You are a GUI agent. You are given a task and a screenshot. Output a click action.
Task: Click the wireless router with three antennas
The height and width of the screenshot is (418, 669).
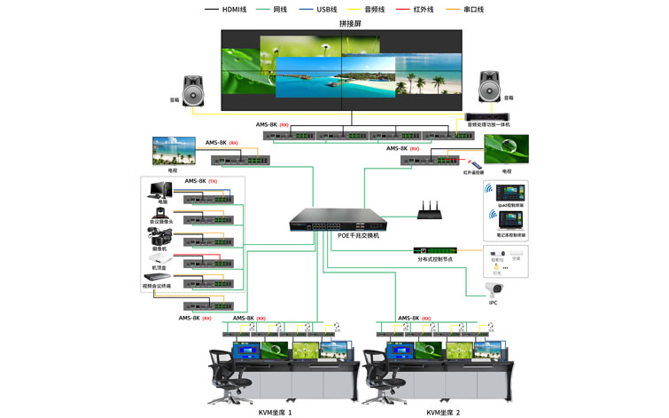(x=431, y=210)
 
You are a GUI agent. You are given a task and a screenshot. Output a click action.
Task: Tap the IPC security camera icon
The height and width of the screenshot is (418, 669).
(x=494, y=288)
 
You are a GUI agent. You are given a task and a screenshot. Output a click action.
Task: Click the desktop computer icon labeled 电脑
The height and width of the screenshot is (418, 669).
(x=161, y=190)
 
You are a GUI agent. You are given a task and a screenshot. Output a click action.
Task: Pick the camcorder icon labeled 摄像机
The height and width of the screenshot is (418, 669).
(x=159, y=236)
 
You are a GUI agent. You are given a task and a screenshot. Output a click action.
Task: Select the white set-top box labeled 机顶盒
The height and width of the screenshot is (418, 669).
(x=159, y=258)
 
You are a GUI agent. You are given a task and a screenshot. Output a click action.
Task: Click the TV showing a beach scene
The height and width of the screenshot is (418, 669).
(x=174, y=149)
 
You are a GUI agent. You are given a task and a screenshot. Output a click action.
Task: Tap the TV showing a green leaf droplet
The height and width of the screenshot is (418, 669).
(x=506, y=149)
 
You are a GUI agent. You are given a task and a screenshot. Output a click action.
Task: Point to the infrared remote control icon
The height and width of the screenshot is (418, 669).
(x=476, y=165)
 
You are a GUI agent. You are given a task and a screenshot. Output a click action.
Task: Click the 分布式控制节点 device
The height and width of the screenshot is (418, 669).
(x=435, y=250)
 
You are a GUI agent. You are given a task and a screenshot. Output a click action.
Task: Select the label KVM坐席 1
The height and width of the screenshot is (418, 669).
(x=275, y=413)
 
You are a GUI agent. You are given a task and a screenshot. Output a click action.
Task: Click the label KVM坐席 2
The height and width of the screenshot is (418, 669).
(x=443, y=413)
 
